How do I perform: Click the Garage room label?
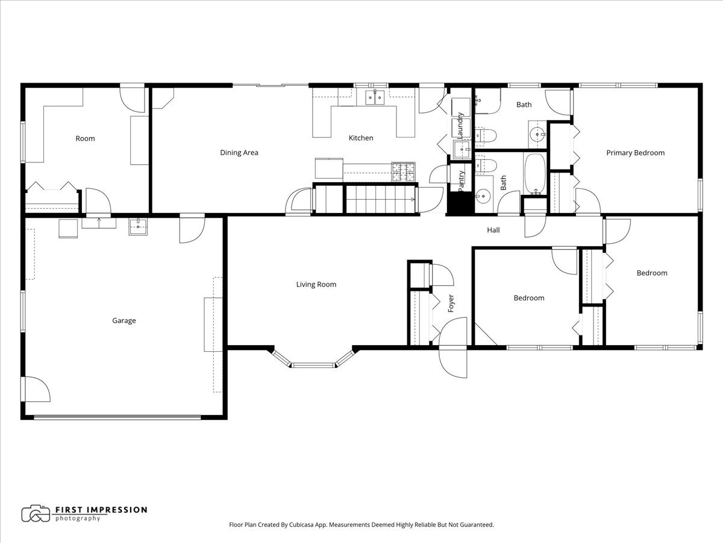tap(124, 320)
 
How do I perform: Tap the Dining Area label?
tap(239, 153)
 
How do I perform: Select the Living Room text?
tap(316, 284)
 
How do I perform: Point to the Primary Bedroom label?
tap(635, 153)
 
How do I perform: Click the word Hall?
tap(493, 230)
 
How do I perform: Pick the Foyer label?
tap(451, 303)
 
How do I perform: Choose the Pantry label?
tap(461, 180)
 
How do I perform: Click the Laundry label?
tap(460, 125)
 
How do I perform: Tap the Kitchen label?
tap(361, 138)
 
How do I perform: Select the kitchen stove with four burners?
tap(404, 172)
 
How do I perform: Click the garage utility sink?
tap(138, 227)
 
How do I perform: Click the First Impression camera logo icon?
tap(36, 513)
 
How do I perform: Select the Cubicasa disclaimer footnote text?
tap(361, 525)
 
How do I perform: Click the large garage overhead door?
tap(117, 416)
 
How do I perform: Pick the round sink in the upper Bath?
tap(537, 132)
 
